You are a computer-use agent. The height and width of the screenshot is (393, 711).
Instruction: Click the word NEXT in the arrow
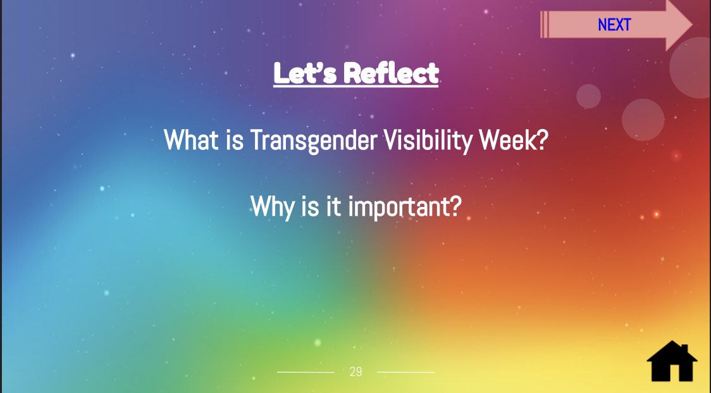coord(614,25)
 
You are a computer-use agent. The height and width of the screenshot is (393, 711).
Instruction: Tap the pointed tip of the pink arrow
coord(692,25)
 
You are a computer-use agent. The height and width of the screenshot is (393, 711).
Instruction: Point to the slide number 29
coord(356,372)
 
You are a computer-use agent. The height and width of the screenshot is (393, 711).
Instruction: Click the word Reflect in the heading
coord(392,73)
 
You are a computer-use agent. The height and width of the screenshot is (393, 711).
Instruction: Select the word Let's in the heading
coord(305,73)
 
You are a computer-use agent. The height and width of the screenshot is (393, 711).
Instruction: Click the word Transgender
coord(313,140)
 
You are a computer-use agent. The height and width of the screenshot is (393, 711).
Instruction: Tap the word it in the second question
coord(333,206)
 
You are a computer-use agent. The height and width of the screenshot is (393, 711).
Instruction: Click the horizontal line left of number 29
coord(306,372)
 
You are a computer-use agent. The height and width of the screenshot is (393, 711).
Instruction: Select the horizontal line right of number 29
coord(406,372)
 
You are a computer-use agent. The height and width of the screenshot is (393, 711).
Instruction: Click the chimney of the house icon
coord(684,349)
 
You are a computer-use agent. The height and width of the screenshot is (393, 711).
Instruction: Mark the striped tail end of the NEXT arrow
coord(544,25)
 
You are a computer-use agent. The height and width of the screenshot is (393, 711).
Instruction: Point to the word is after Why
coord(310,206)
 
